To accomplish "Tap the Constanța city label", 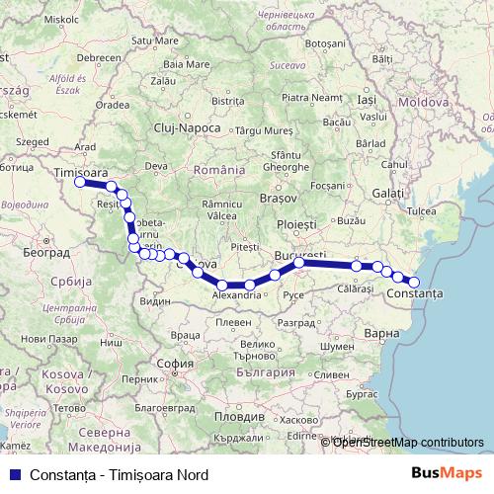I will click(x=416, y=294).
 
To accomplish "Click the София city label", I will click(x=175, y=363).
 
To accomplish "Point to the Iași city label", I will click(x=367, y=100).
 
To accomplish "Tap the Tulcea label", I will click(x=421, y=210).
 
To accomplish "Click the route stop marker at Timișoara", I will click(x=79, y=182).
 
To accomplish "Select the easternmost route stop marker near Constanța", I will click(x=415, y=283).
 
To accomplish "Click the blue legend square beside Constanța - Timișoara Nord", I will click(x=12, y=474).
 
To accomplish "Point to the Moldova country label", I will click(x=425, y=102).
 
